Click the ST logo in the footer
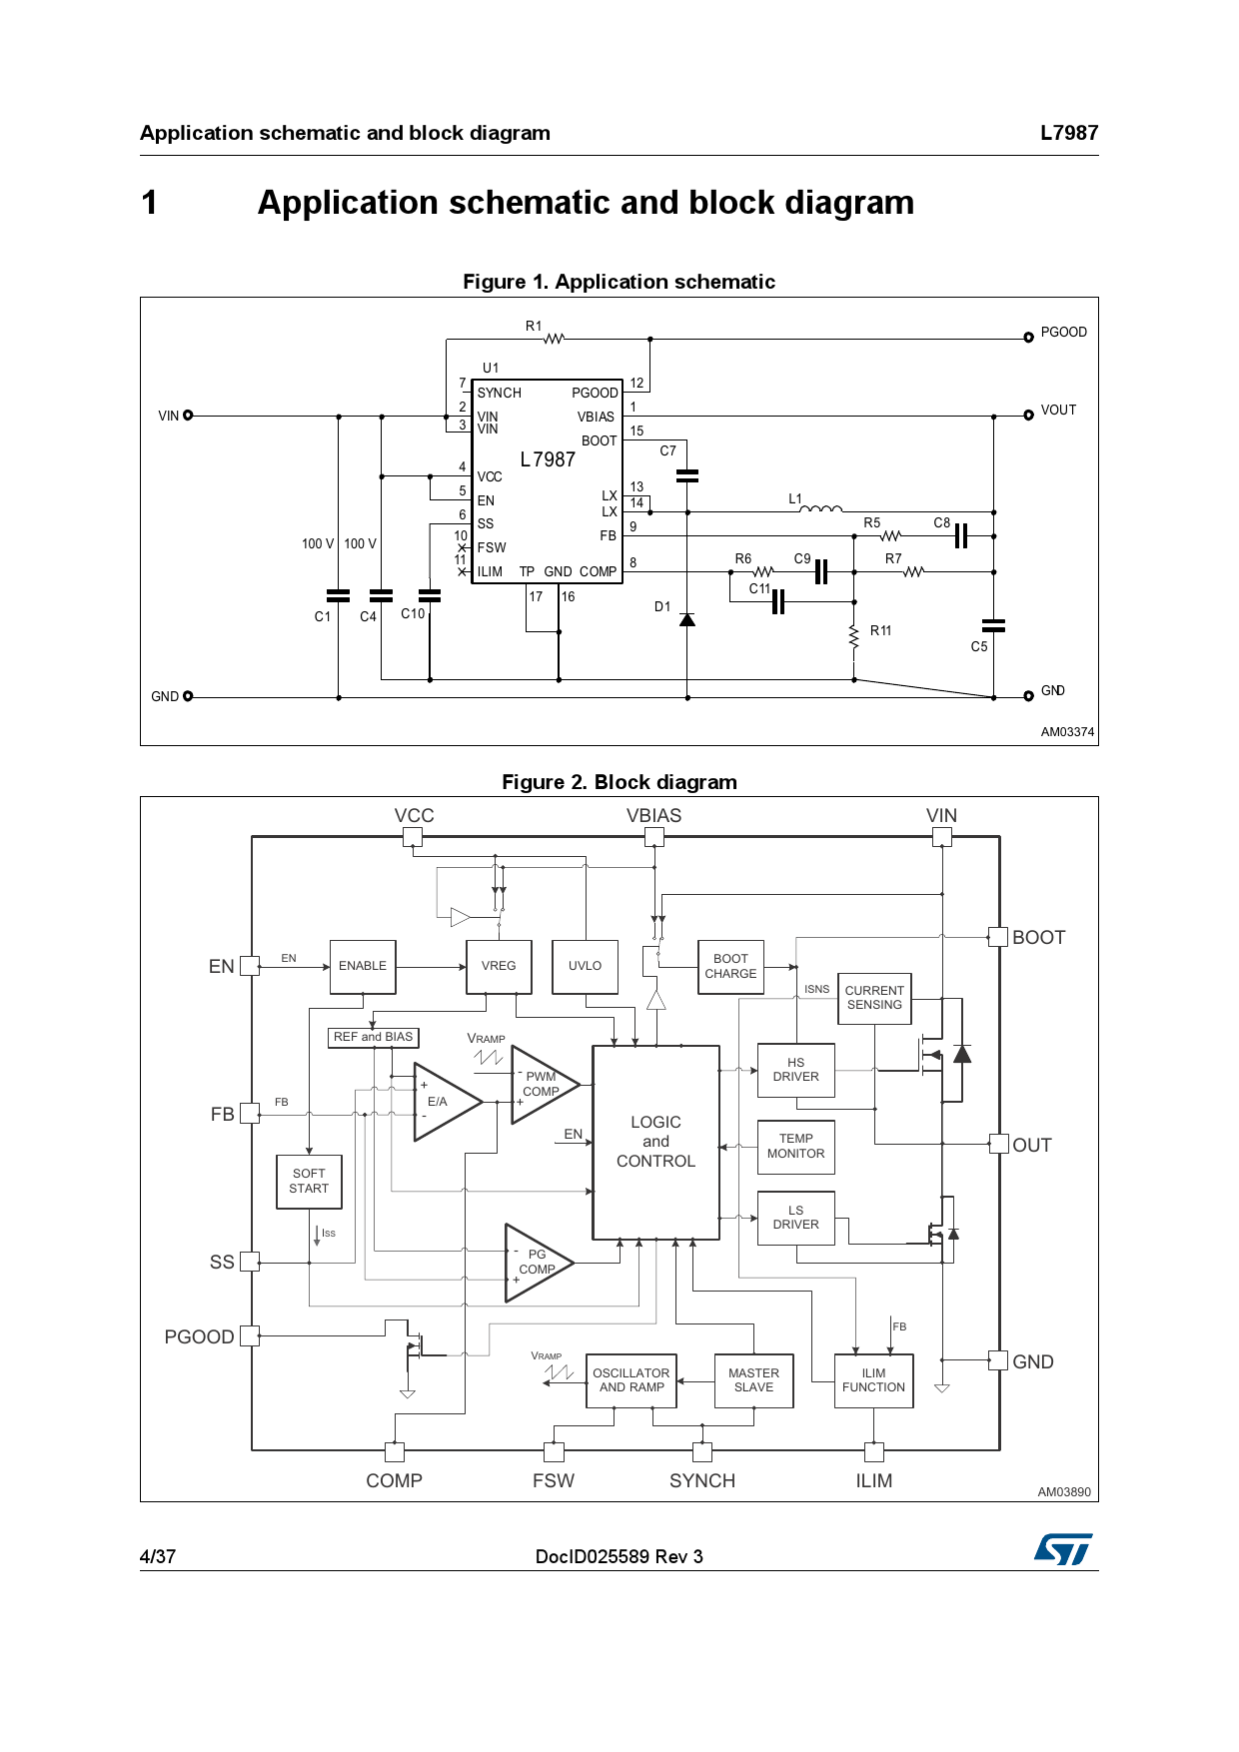point(1063,1549)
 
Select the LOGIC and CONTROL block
point(655,1142)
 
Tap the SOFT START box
point(309,1182)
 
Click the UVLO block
point(585,966)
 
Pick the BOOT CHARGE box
point(730,966)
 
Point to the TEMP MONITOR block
point(795,1146)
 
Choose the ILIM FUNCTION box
point(873,1380)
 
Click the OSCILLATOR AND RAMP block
point(630,1380)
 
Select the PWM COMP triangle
point(541,1085)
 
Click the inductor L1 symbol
point(820,509)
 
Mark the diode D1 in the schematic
point(687,620)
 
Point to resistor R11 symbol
point(854,635)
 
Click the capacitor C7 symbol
point(687,475)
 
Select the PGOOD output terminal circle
point(1028,338)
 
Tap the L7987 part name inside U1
point(548,459)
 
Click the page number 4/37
point(158,1556)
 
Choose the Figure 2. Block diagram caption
point(619,782)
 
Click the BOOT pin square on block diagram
point(997,937)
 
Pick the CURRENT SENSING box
point(874,998)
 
